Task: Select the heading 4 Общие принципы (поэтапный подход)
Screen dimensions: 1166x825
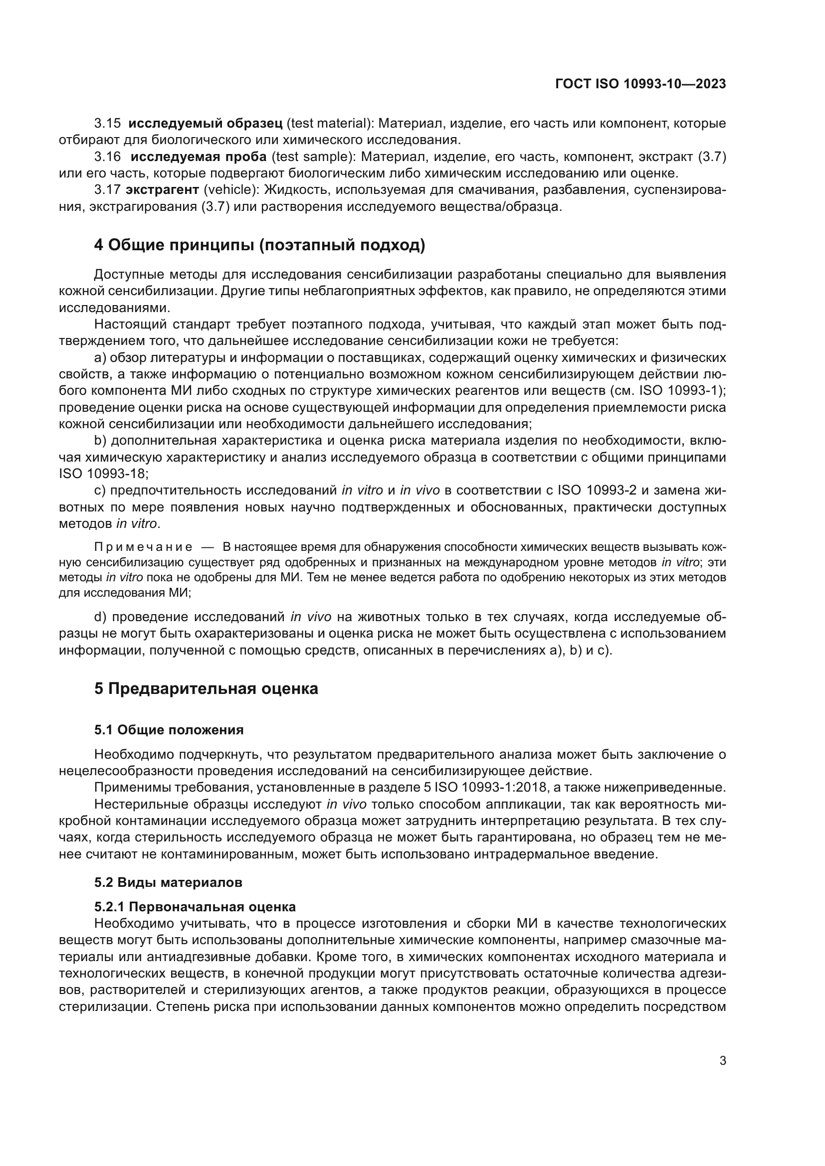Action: (259, 245)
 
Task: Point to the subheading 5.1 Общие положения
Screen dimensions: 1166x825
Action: (169, 730)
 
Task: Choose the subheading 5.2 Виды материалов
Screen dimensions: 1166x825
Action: (168, 883)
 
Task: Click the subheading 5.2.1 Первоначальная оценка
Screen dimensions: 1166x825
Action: (195, 907)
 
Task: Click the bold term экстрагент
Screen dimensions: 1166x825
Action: (162, 190)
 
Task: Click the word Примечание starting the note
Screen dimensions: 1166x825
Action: (143, 547)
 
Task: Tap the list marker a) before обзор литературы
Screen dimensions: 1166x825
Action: (100, 358)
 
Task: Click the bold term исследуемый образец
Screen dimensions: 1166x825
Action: (205, 124)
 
